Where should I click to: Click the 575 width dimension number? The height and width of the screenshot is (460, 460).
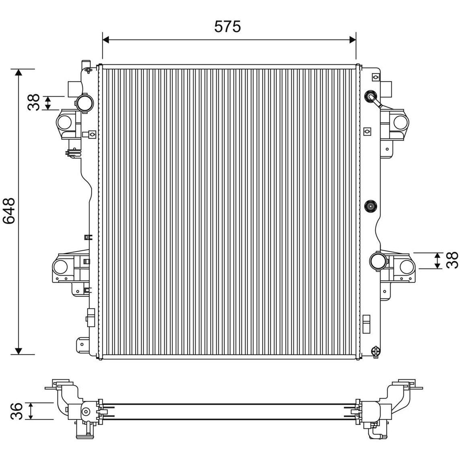[x=227, y=27]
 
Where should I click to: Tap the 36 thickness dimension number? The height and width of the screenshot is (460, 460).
[x=16, y=411]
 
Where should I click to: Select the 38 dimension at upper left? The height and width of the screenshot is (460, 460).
[x=33, y=102]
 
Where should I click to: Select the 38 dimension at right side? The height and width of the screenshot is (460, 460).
[x=452, y=260]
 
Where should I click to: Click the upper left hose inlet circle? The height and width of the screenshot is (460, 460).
[x=84, y=102]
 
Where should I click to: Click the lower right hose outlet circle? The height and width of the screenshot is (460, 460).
[x=378, y=260]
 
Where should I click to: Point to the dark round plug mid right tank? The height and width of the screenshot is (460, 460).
[x=371, y=206]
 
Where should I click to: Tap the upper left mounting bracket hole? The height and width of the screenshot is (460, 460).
[x=64, y=123]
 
